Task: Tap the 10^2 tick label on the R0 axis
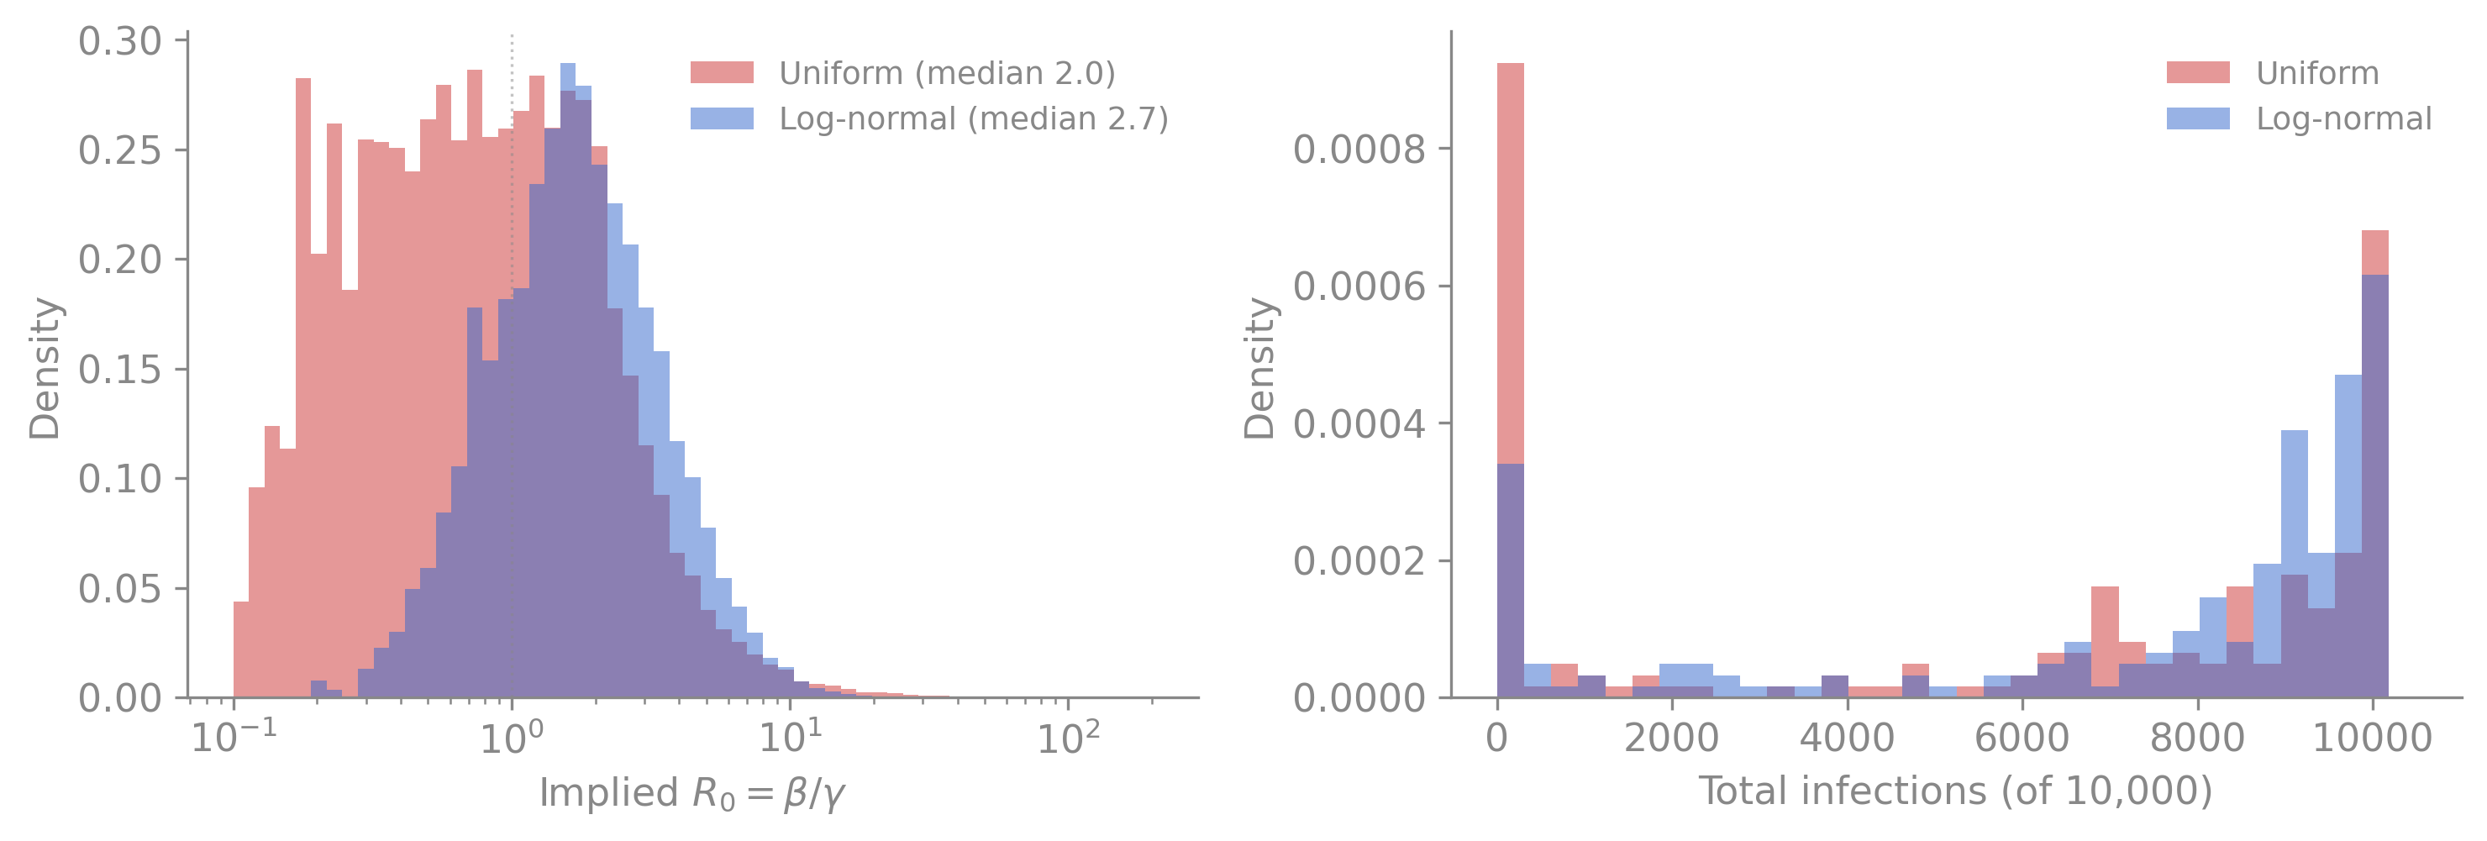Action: pos(1068,737)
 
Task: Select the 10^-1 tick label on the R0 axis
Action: pos(234,737)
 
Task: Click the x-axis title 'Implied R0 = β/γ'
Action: pos(692,794)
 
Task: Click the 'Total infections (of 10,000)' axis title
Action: pos(1955,791)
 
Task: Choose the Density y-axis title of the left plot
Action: pos(45,368)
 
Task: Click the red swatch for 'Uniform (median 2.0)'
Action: pos(723,72)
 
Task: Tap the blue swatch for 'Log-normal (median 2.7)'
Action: pos(723,118)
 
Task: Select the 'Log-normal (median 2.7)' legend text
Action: pos(974,118)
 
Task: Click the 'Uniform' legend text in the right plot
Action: pos(2317,73)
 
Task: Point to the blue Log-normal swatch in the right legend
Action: pos(2198,118)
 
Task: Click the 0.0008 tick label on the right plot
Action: pos(1359,150)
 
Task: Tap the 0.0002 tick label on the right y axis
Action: pos(1359,561)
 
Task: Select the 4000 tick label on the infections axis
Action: pos(1847,738)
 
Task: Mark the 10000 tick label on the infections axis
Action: pos(2373,738)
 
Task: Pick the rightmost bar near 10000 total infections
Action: pos(2375,464)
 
